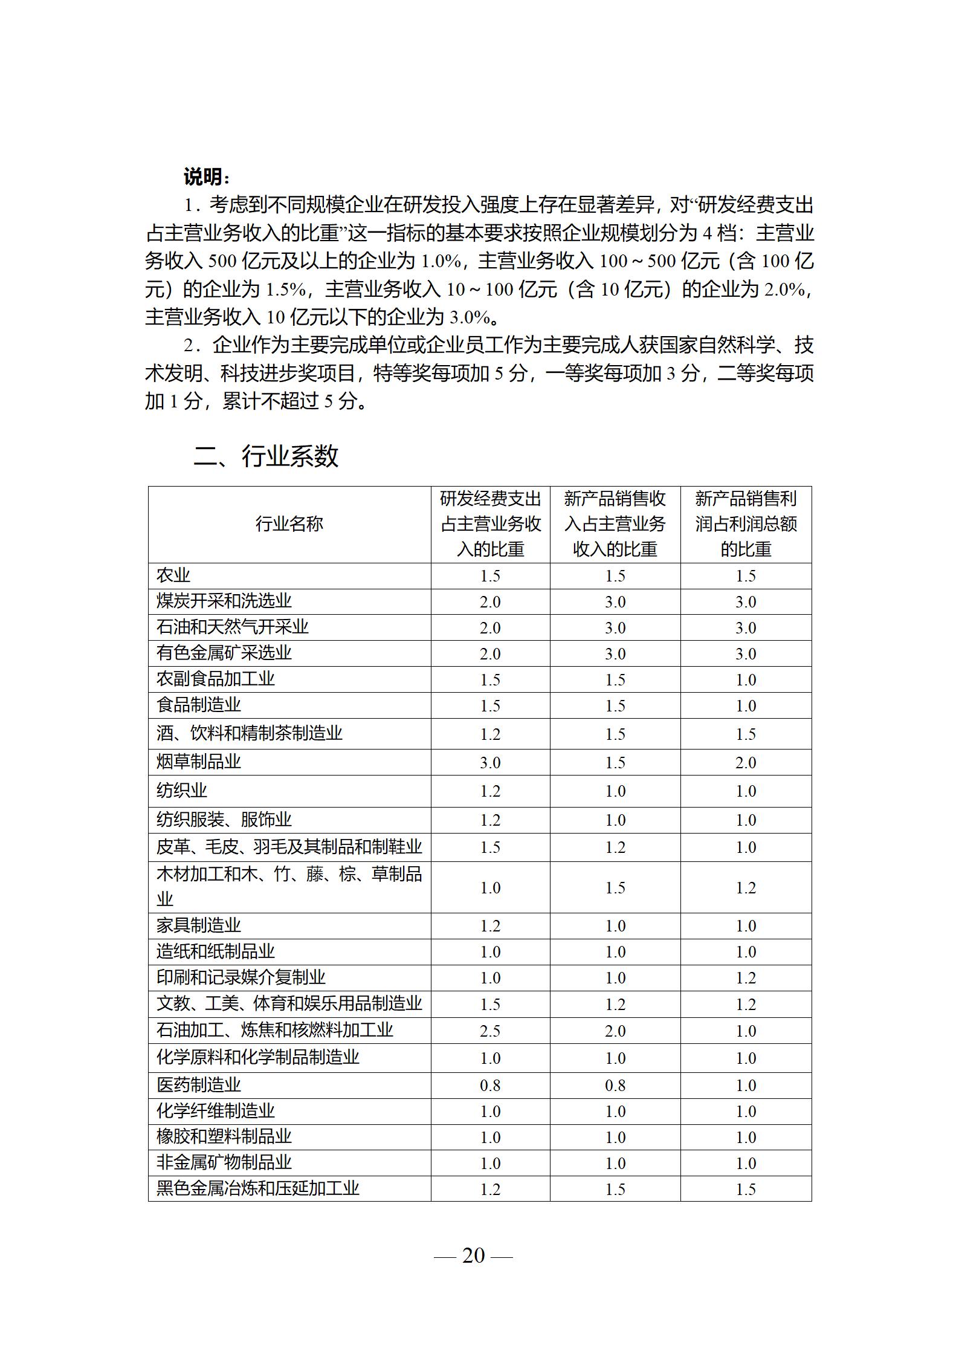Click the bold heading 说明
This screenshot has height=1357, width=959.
(x=207, y=177)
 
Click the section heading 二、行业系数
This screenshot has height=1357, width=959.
(x=266, y=456)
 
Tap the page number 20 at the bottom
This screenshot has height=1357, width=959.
(x=473, y=1255)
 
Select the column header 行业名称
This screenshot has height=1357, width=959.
(x=289, y=524)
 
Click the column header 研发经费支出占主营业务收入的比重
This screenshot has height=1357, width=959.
(x=490, y=524)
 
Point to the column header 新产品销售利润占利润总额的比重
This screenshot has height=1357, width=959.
(x=746, y=524)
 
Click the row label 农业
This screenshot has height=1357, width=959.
(x=173, y=575)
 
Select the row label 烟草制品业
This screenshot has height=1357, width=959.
(x=199, y=762)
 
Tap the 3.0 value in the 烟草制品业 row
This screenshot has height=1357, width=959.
(x=490, y=763)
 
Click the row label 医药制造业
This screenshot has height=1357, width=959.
(x=199, y=1085)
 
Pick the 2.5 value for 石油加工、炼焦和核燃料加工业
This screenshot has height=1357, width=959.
(x=490, y=1031)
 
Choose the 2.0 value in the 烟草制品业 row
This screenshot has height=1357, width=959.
(x=746, y=763)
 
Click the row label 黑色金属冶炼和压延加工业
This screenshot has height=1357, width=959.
(x=258, y=1188)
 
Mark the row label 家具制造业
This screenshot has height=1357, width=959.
(x=199, y=925)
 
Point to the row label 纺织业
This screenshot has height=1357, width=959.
(x=182, y=791)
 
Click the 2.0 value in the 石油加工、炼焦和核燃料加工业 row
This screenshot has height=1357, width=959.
(x=615, y=1031)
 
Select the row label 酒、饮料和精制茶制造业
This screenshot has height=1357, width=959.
(x=250, y=734)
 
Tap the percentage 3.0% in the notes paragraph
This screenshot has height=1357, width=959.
(x=470, y=317)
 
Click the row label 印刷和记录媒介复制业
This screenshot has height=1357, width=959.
(x=241, y=977)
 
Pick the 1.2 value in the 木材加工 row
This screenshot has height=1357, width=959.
(x=746, y=887)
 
